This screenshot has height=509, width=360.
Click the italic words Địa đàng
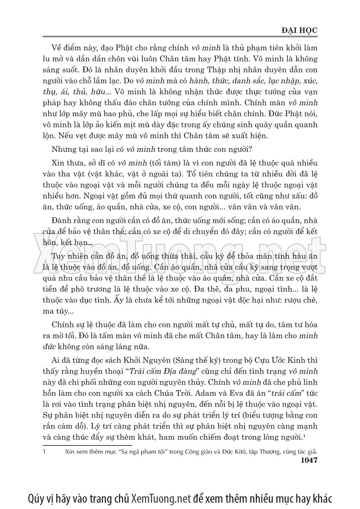coord(172,370)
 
